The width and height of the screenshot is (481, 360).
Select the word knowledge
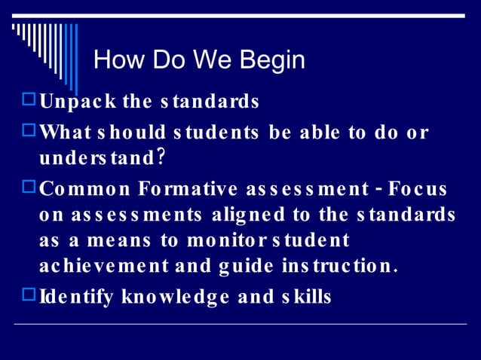(x=176, y=297)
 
